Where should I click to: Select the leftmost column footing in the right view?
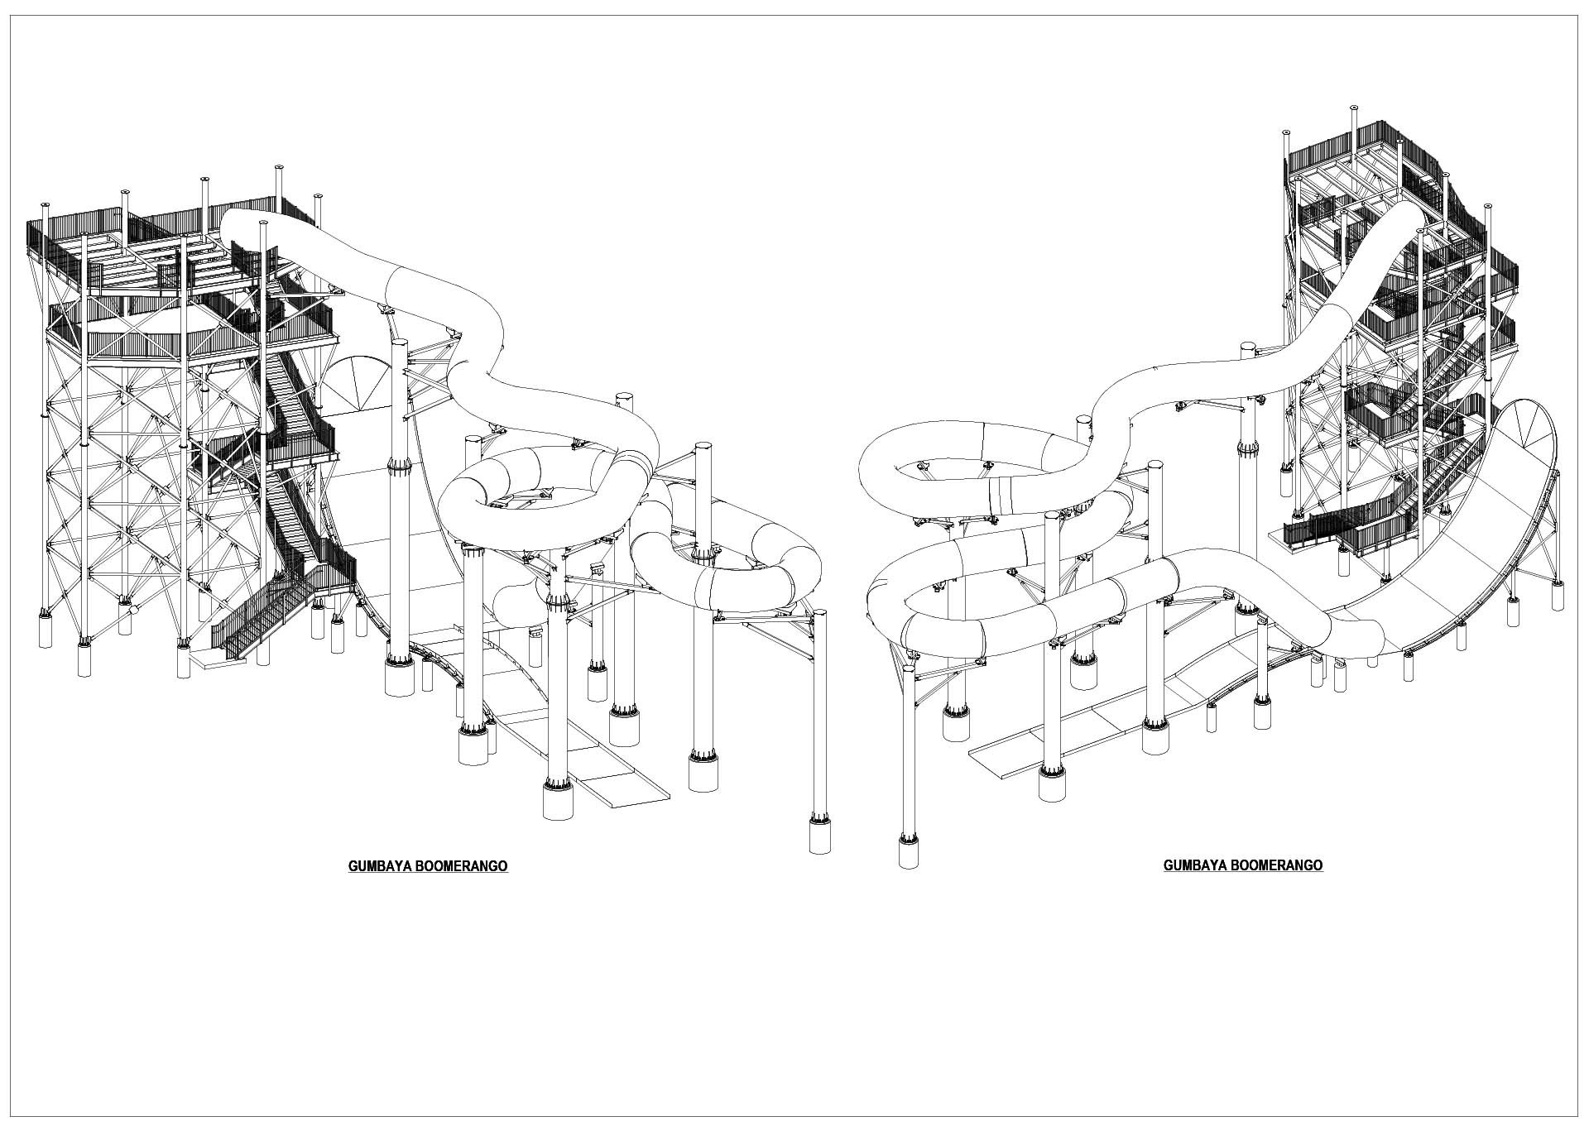(909, 852)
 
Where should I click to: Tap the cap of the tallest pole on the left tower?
(278, 167)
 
